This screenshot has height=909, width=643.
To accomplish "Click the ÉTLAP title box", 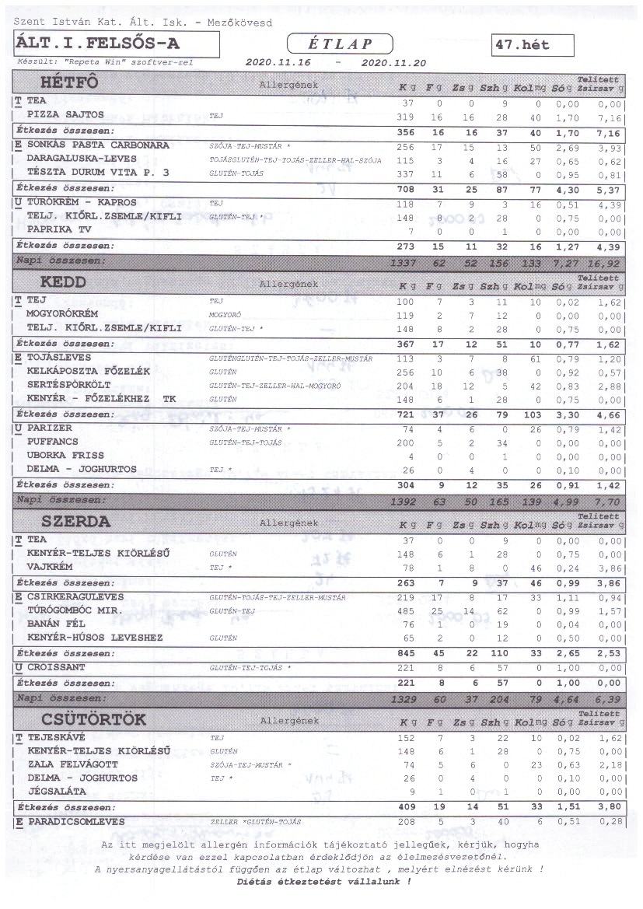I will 341,44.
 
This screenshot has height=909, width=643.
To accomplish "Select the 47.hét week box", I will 533,45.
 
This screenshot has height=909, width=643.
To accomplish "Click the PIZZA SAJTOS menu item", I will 65,115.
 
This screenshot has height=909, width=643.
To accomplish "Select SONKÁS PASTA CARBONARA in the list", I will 97,145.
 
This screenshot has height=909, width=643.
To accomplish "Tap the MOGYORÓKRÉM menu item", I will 65,315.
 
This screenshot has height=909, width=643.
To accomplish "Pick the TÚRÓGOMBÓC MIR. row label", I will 75,610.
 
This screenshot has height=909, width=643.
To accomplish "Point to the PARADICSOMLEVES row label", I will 75,821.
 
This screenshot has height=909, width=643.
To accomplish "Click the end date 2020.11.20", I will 394,61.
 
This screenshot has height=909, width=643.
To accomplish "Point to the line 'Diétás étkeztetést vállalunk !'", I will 323,882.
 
